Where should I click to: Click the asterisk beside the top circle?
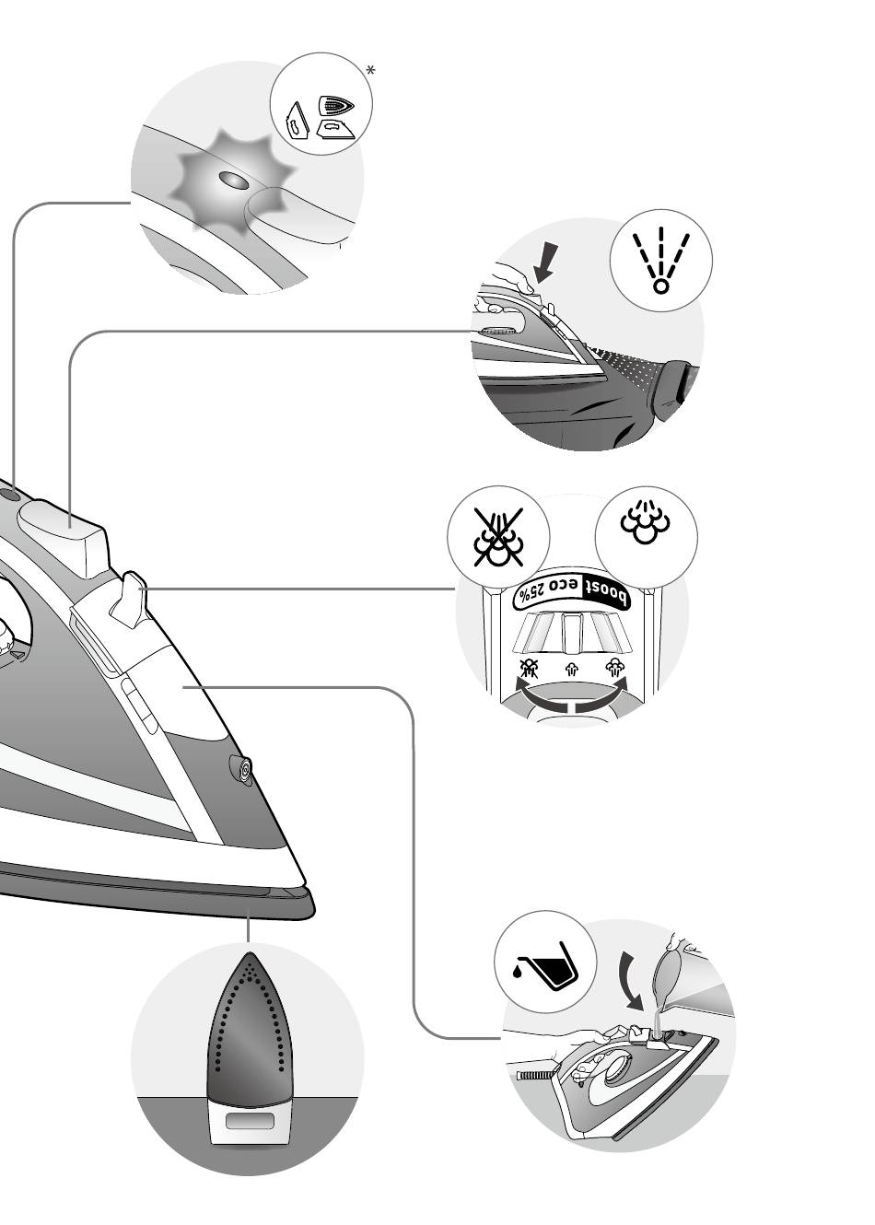(x=370, y=71)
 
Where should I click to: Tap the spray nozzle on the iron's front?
(x=244, y=770)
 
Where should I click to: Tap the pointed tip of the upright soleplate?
(x=248, y=958)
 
